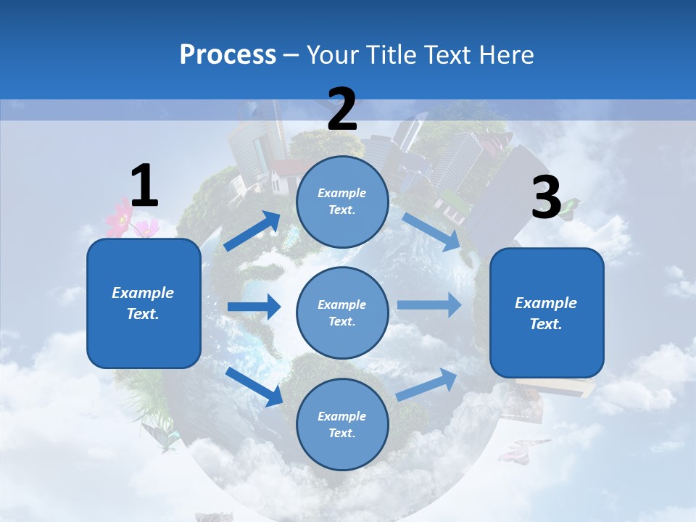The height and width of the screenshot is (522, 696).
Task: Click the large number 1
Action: (x=144, y=186)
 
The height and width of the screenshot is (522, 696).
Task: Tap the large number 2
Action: (x=342, y=109)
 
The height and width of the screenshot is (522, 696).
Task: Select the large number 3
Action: (x=546, y=198)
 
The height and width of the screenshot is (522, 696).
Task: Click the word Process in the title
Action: (x=228, y=54)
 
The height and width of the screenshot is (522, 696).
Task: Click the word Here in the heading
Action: (x=503, y=54)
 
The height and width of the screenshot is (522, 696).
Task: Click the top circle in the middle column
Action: (x=342, y=202)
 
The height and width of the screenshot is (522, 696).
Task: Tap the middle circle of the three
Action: (x=342, y=312)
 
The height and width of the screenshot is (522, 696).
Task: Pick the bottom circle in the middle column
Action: (x=342, y=424)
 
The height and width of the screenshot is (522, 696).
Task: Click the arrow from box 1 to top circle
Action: (x=252, y=231)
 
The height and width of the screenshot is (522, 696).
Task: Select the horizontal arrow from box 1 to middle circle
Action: (x=254, y=307)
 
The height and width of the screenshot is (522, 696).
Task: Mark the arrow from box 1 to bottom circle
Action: (x=254, y=386)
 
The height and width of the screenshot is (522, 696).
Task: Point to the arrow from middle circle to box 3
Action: (x=428, y=304)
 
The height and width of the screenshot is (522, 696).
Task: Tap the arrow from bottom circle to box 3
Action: (x=427, y=384)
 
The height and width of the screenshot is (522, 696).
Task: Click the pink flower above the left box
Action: (x=120, y=218)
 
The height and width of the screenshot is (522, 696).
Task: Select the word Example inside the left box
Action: (x=143, y=293)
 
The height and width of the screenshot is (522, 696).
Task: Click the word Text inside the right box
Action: (x=546, y=324)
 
